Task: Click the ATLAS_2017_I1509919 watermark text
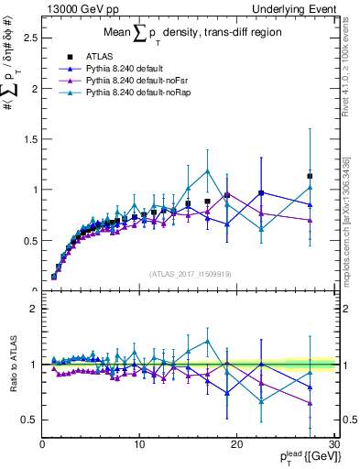191,274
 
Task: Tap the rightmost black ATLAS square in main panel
310,176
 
